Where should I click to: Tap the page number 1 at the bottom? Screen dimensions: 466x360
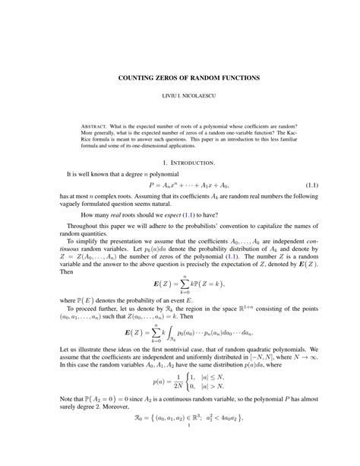[x=179, y=458]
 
